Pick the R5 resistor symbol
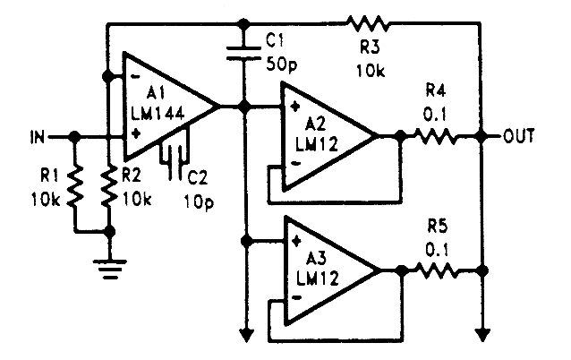[433, 269]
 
